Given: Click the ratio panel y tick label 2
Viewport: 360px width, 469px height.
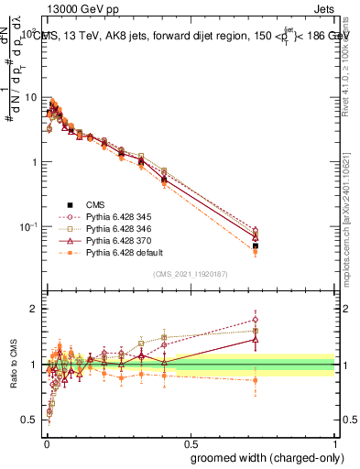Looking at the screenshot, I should tap(33, 309).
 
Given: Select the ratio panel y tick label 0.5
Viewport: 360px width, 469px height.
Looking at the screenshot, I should tap(29, 420).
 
